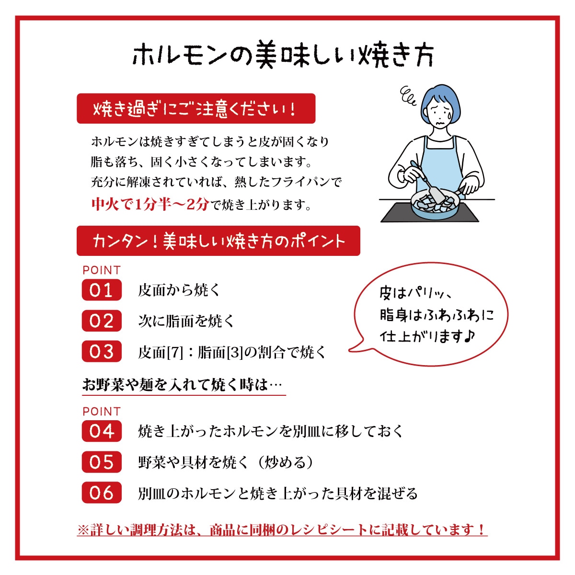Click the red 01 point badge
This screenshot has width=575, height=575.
[102, 290]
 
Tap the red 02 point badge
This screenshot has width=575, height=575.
[102, 321]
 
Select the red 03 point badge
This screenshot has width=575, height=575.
[102, 351]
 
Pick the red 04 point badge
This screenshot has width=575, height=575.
[102, 431]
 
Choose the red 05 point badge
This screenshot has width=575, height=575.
[102, 462]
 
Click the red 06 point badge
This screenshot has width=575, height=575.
[102, 493]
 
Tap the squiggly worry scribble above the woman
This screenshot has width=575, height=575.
[408, 95]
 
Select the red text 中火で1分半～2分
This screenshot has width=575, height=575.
[150, 205]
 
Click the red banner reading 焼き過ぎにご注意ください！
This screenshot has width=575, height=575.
[196, 108]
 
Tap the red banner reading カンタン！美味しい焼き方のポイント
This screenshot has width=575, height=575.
[218, 241]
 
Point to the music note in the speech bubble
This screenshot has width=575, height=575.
[469, 336]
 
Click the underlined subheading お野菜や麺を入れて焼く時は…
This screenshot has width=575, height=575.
[182, 385]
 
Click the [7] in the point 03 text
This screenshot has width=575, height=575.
[175, 352]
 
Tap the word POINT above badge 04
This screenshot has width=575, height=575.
[102, 412]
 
